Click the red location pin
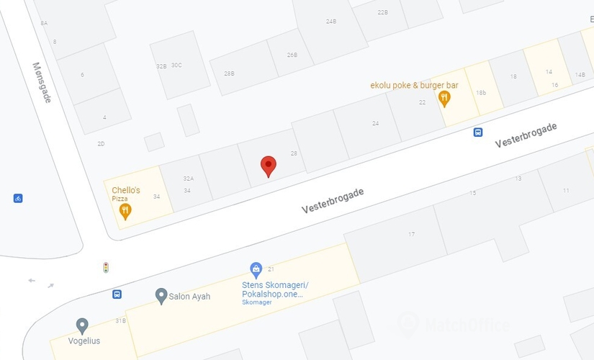[269, 166]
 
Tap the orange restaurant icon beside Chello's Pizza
[125, 211]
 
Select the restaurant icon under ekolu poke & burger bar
[444, 99]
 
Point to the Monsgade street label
[42, 81]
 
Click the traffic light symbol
[106, 267]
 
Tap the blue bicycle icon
[18, 198]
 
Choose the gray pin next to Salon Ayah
[161, 295]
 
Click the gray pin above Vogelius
[82, 325]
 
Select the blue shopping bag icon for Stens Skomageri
[256, 270]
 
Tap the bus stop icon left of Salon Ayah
[117, 294]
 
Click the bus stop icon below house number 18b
[477, 132]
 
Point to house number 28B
[229, 73]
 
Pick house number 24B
[331, 22]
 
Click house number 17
[412, 234]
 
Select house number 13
[518, 178]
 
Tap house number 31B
[120, 320]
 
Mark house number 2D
[101, 144]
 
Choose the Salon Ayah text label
[189, 296]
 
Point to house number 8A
[44, 23]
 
